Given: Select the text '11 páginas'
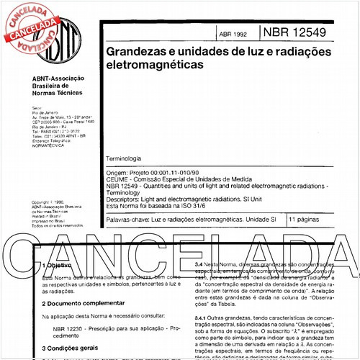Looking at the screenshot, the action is tap(306, 217).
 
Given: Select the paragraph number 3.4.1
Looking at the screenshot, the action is tap(204, 319).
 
